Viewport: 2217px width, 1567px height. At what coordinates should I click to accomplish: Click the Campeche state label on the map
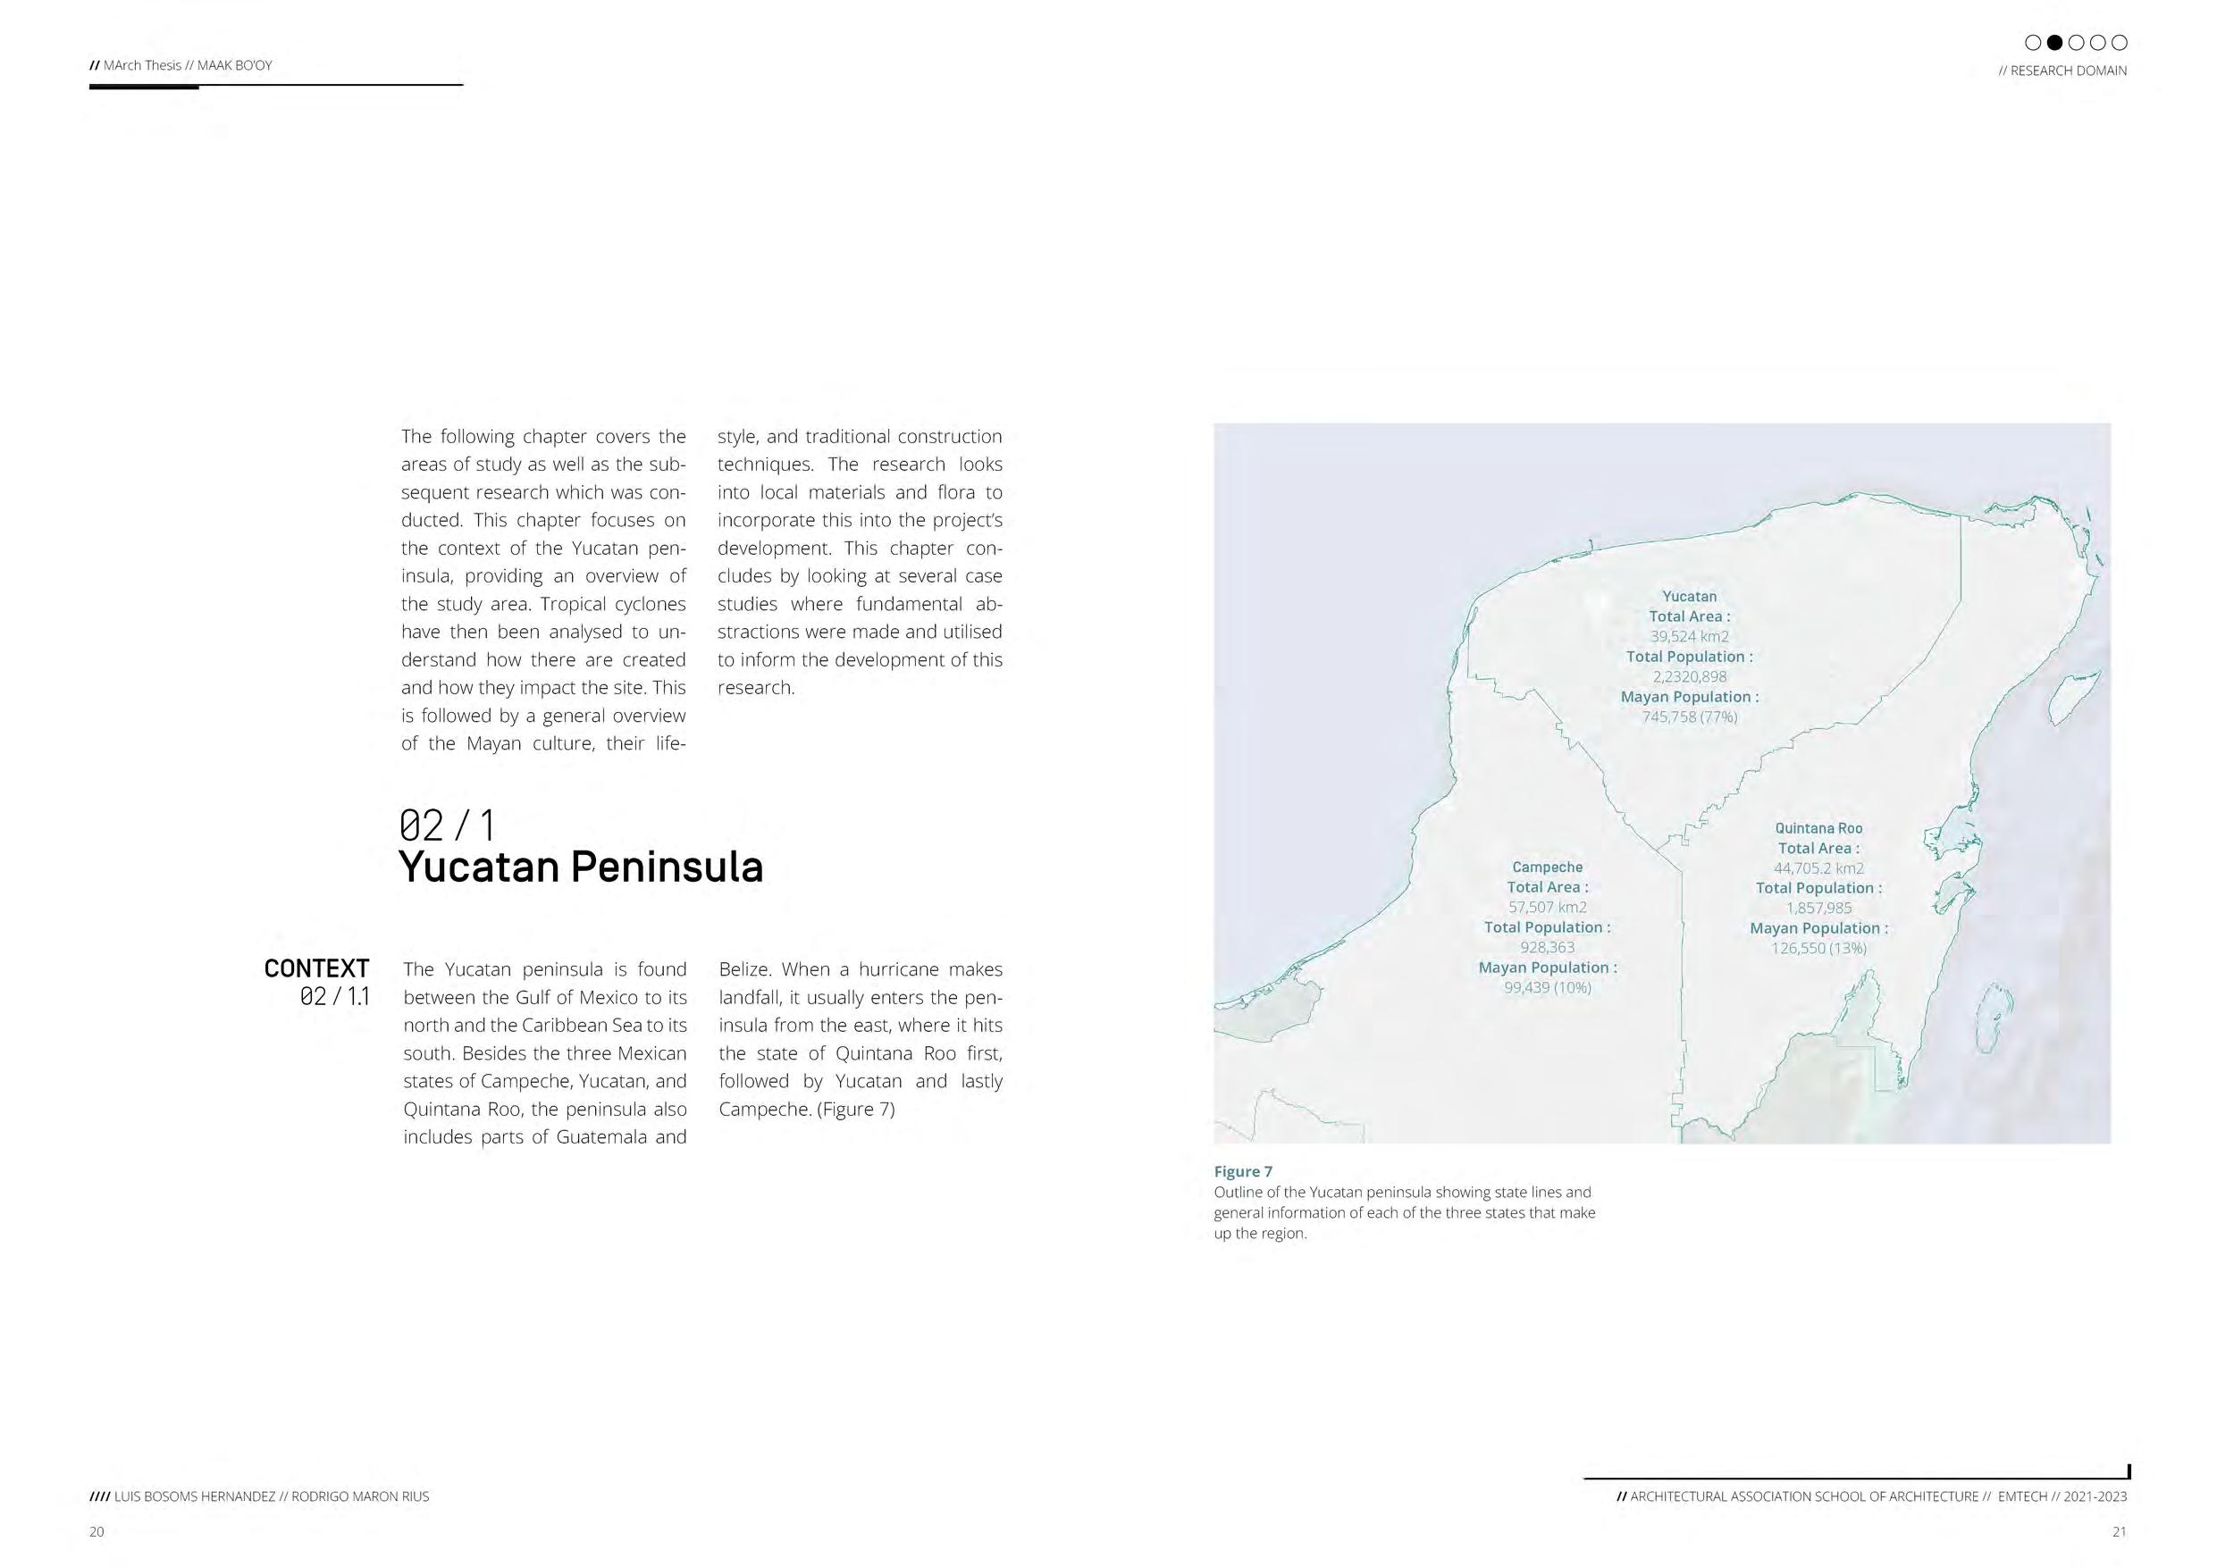(x=1547, y=867)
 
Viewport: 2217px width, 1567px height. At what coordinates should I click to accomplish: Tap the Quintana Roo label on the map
(x=1818, y=828)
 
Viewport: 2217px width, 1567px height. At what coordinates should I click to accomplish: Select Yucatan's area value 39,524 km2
(x=1689, y=636)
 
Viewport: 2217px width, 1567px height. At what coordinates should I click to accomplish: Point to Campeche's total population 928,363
(x=1547, y=947)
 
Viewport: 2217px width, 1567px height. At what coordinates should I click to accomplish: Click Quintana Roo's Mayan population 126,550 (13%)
(x=1818, y=948)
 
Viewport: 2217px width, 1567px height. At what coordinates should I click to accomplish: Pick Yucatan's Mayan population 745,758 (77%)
(x=1689, y=716)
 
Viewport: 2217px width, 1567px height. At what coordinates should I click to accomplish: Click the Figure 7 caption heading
(x=1243, y=1171)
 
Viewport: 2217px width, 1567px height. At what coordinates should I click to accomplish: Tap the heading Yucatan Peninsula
(x=580, y=866)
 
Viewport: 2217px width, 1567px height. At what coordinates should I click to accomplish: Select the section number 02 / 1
(x=447, y=825)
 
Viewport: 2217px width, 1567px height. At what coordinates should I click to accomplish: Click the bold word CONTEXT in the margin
(x=316, y=968)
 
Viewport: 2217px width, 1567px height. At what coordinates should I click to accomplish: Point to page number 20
(x=97, y=1531)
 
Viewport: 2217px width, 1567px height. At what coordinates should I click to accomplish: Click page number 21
(x=2119, y=1531)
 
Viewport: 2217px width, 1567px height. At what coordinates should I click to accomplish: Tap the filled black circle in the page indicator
(x=2054, y=43)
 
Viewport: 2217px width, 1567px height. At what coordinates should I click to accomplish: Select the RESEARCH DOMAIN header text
(x=2062, y=71)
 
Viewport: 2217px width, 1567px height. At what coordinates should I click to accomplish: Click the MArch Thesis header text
(x=181, y=65)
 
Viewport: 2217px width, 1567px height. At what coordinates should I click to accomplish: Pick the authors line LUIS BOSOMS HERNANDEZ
(x=259, y=1496)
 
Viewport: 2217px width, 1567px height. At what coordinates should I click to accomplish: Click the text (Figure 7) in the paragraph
(x=855, y=1110)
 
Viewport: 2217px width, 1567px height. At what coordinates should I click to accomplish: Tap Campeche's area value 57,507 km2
(x=1547, y=907)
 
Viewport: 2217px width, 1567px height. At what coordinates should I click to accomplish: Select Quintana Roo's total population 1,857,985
(x=1818, y=908)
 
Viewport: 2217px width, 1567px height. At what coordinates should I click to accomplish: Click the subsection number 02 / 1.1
(x=334, y=996)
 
